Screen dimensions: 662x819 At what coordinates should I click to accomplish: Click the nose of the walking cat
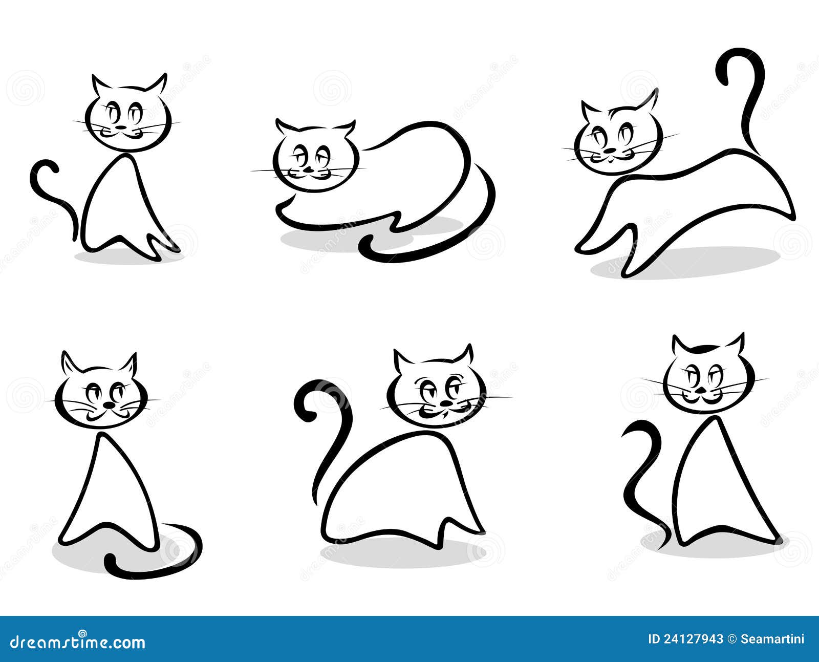click(610, 151)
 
